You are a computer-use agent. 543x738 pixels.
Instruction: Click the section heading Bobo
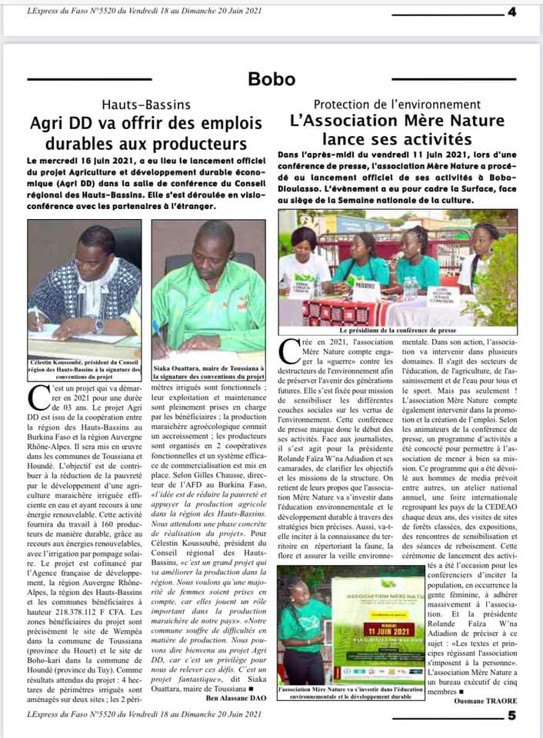(x=271, y=79)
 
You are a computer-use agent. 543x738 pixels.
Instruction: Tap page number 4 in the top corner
(x=511, y=12)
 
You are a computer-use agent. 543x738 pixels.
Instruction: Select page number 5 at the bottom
(x=511, y=716)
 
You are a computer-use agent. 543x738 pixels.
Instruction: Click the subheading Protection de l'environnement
(x=397, y=105)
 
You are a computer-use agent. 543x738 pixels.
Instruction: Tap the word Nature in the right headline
(x=469, y=121)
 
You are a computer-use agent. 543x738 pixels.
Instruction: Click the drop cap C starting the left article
(x=36, y=398)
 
